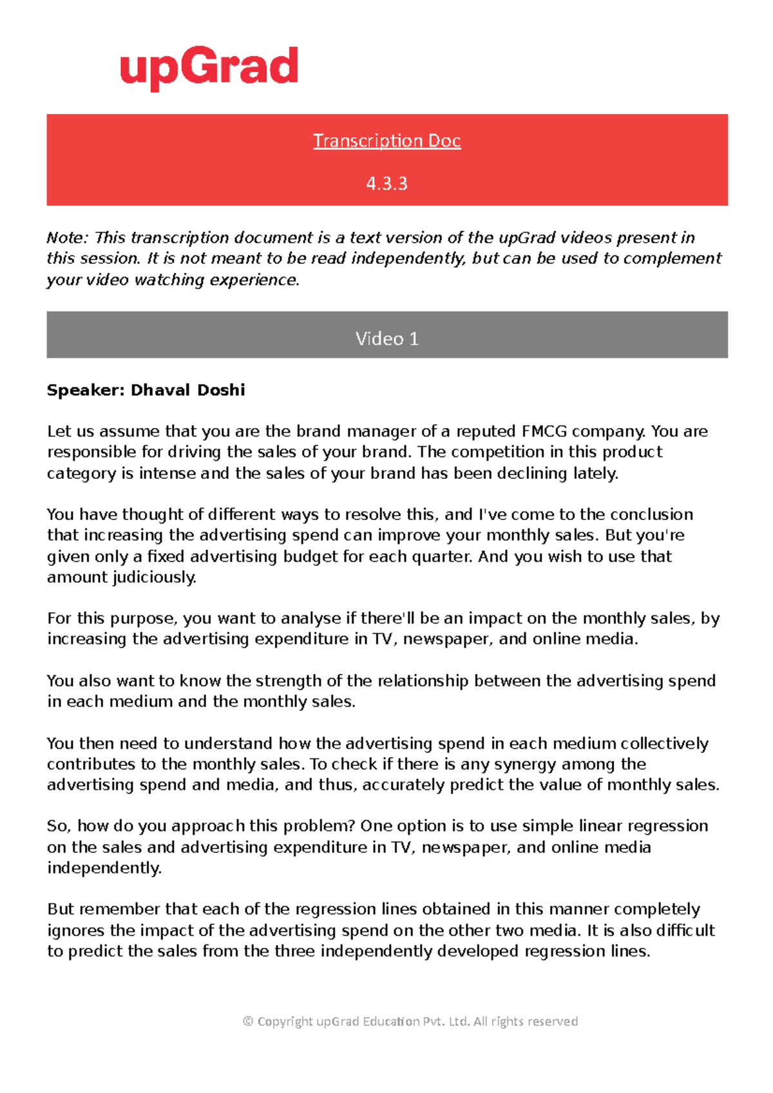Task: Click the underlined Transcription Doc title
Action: [386, 140]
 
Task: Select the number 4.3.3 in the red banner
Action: [386, 183]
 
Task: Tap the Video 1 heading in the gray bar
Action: [386, 339]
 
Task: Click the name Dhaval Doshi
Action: [187, 390]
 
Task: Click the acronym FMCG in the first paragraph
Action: [544, 431]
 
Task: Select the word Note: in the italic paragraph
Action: [68, 238]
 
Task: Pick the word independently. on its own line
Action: [104, 868]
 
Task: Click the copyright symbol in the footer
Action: [248, 1022]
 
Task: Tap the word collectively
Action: [663, 743]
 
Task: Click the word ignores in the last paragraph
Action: [76, 931]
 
